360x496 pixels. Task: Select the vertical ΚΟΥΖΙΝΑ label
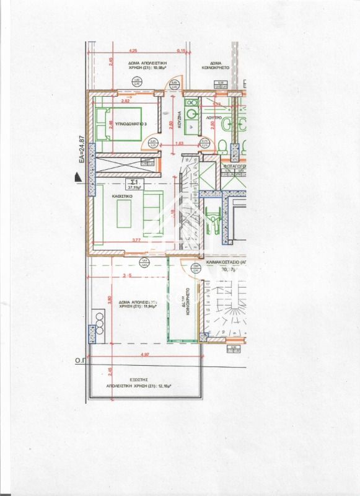[x=178, y=118]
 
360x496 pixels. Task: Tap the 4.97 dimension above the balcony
[x=145, y=355]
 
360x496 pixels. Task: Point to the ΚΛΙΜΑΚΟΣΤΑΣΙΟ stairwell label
[x=227, y=262]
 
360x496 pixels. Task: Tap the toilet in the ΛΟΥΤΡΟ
[x=222, y=144]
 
